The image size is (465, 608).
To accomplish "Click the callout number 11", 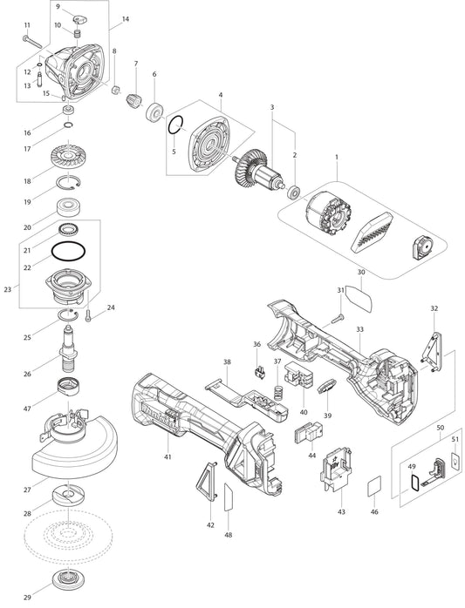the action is click(x=27, y=25).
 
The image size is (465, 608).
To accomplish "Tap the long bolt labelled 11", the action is click(x=32, y=41).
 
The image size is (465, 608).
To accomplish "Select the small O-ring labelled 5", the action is click(x=175, y=125).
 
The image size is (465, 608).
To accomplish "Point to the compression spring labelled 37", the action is click(x=277, y=393).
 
